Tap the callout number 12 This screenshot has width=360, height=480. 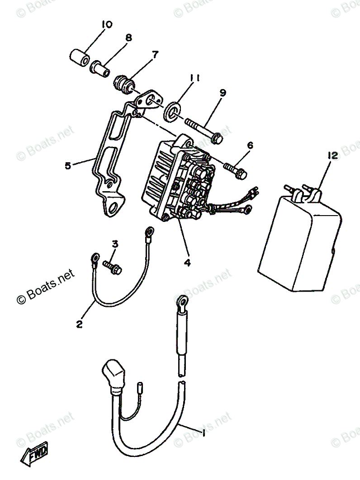(333, 156)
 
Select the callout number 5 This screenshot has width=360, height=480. (68, 165)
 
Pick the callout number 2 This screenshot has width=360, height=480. (80, 324)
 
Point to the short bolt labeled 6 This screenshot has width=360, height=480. (235, 171)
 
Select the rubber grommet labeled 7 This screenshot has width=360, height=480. (124, 83)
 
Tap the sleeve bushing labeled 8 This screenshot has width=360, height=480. (101, 69)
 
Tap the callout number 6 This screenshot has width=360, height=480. (250, 146)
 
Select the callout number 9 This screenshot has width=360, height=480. (223, 93)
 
